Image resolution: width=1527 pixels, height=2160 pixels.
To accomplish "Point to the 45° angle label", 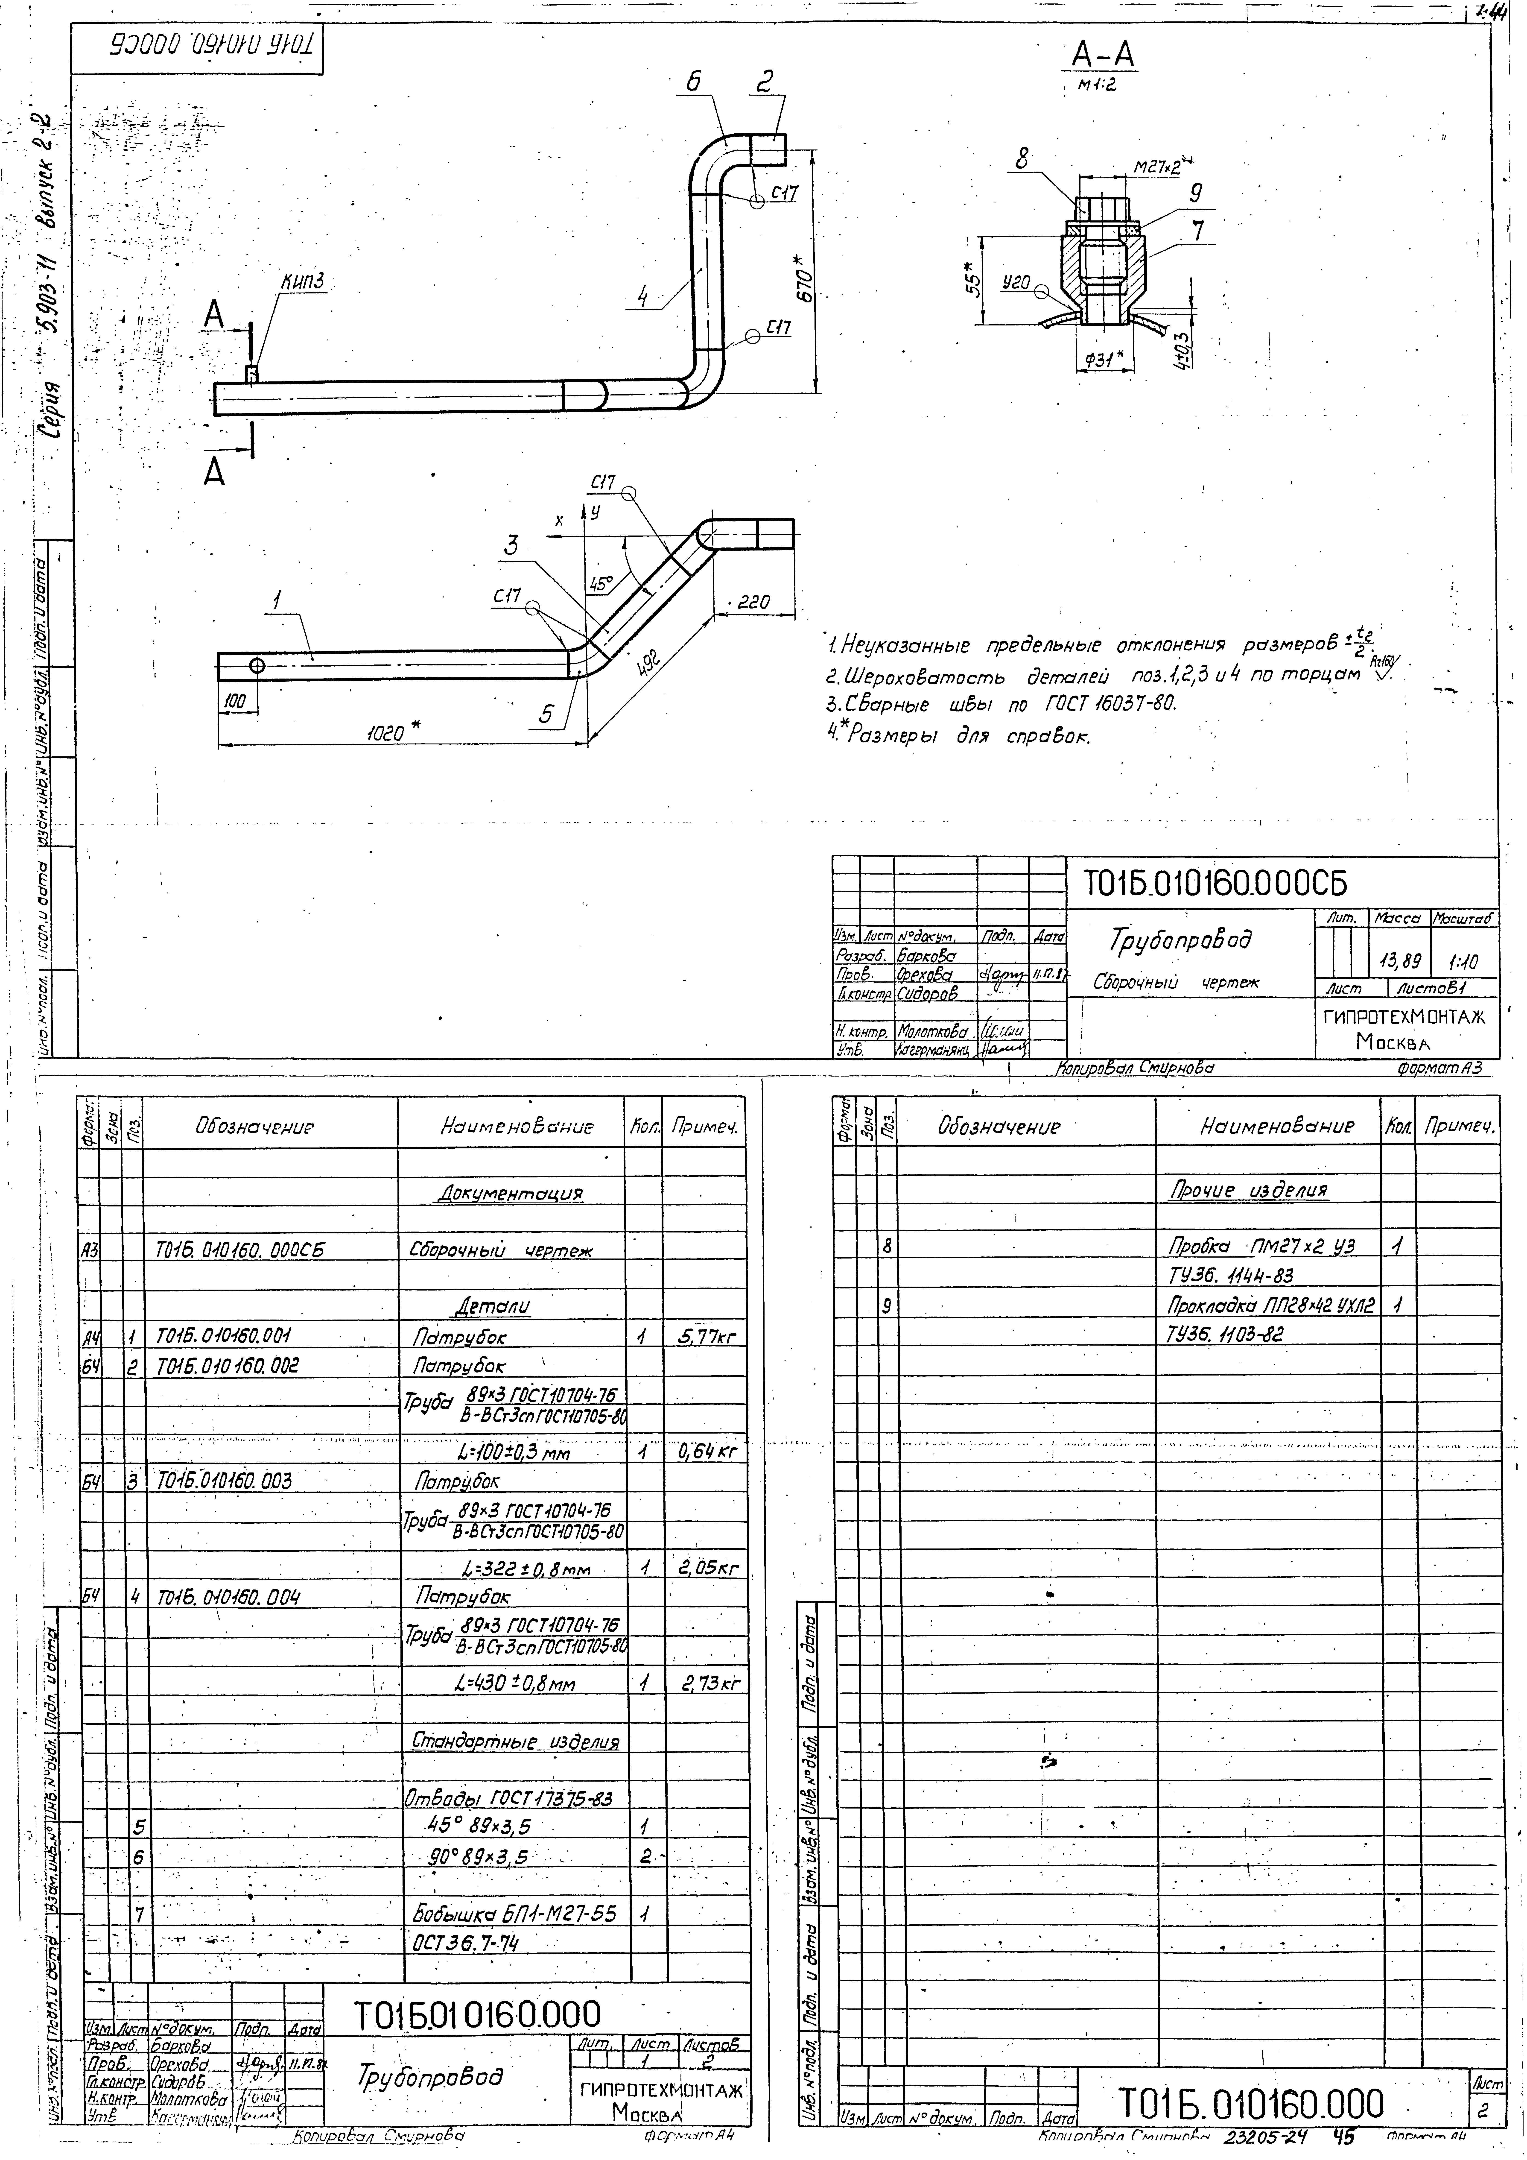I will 600,583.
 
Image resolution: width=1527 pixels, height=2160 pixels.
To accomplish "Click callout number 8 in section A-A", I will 1022,160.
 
